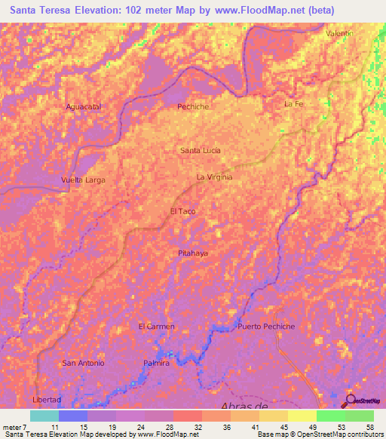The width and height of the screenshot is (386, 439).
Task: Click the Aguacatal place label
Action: (x=84, y=107)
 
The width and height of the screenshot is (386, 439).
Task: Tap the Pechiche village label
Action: (x=192, y=107)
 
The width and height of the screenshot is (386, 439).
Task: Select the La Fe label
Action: (x=293, y=103)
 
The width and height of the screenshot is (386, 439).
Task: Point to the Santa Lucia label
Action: (x=200, y=151)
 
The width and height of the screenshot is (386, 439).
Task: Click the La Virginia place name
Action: (x=214, y=177)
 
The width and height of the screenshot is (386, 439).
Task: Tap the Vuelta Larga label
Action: (x=83, y=180)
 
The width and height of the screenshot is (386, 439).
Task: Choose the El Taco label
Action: (x=183, y=211)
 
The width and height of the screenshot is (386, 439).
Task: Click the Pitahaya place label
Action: (x=193, y=253)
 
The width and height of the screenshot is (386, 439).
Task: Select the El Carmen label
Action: (x=157, y=326)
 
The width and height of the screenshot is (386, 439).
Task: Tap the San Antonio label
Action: (x=83, y=363)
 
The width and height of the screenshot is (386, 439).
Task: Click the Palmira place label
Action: (x=156, y=363)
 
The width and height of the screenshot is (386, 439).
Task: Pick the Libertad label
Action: (x=46, y=399)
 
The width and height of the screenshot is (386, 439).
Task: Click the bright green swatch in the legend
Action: (x=330, y=416)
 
